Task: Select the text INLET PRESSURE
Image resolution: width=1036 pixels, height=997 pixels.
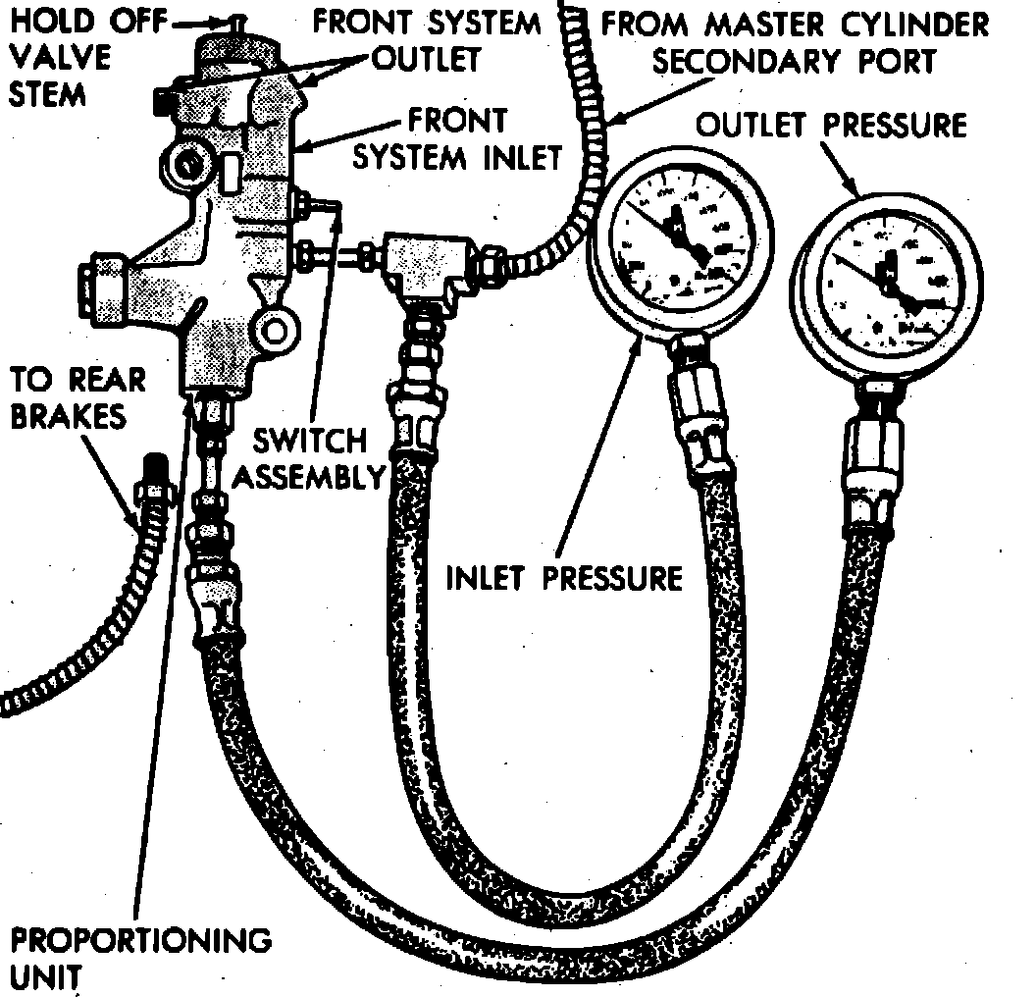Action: (564, 577)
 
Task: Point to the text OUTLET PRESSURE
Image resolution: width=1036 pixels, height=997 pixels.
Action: (830, 126)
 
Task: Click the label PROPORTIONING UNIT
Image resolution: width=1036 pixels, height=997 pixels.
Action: (137, 957)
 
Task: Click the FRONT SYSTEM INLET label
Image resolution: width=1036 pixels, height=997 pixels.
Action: (457, 138)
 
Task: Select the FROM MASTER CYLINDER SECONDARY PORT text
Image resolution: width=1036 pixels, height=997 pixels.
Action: (795, 41)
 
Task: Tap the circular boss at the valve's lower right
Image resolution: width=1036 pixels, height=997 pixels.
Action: (274, 329)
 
